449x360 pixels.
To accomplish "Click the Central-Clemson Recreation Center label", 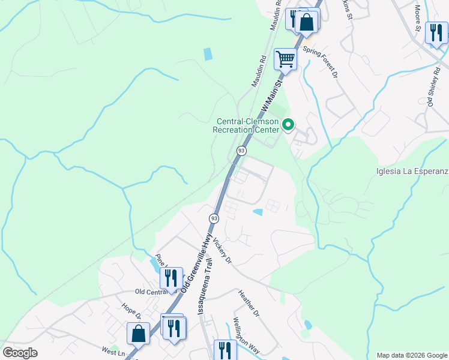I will [x=247, y=125].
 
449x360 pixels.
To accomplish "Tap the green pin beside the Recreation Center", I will [x=288, y=125].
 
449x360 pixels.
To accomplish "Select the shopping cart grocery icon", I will [x=285, y=59].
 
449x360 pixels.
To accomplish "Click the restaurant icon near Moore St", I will [x=436, y=31].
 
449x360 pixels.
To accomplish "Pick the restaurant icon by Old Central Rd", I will [x=172, y=278].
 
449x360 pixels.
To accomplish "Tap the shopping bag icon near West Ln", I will [x=138, y=334].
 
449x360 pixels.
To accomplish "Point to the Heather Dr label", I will [x=247, y=304].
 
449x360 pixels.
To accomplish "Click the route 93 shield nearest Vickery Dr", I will [x=214, y=217].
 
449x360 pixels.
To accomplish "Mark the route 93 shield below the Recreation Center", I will [x=241, y=151].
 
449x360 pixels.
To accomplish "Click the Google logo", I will [x=20, y=353].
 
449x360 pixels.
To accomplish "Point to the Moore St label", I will [x=418, y=13].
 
